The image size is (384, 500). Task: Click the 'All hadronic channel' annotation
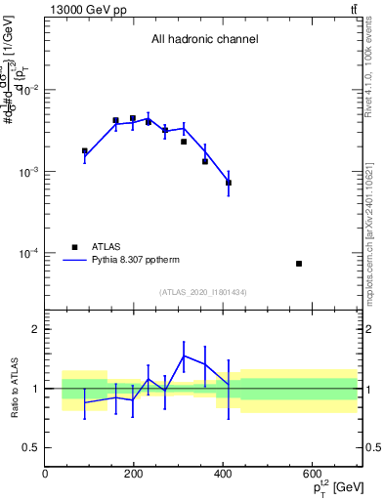(x=204, y=40)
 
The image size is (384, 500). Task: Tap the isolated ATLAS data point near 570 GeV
(x=299, y=264)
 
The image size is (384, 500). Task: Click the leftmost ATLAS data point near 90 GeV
(x=85, y=151)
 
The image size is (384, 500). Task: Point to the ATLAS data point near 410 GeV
(x=229, y=183)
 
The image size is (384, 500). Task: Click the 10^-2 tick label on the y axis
(x=27, y=90)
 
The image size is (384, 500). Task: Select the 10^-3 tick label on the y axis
(x=27, y=172)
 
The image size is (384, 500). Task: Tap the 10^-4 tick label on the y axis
(x=27, y=254)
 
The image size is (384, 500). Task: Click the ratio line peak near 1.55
(x=184, y=355)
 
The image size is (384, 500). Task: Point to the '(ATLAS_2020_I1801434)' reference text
(x=204, y=292)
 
